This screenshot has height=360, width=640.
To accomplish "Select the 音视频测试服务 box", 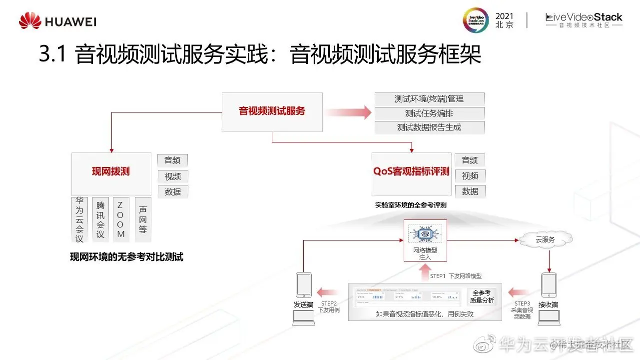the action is [272, 112].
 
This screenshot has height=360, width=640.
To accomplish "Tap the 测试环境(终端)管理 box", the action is [430, 99].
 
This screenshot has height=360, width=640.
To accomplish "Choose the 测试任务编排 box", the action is [430, 113].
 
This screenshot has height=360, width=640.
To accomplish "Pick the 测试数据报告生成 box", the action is [430, 127].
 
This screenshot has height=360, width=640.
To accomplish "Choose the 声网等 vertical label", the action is [143, 219].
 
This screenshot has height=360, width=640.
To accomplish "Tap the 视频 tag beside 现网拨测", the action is [173, 176].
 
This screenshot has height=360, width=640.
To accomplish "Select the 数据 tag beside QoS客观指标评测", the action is [470, 191].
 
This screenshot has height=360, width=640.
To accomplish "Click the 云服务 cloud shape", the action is [546, 239].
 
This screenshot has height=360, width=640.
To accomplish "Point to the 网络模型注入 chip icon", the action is [425, 234].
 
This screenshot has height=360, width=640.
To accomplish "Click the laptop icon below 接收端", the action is [549, 317].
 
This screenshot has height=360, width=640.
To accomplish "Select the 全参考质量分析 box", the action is [482, 296].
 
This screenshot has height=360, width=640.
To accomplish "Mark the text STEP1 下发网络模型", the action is [456, 275].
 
